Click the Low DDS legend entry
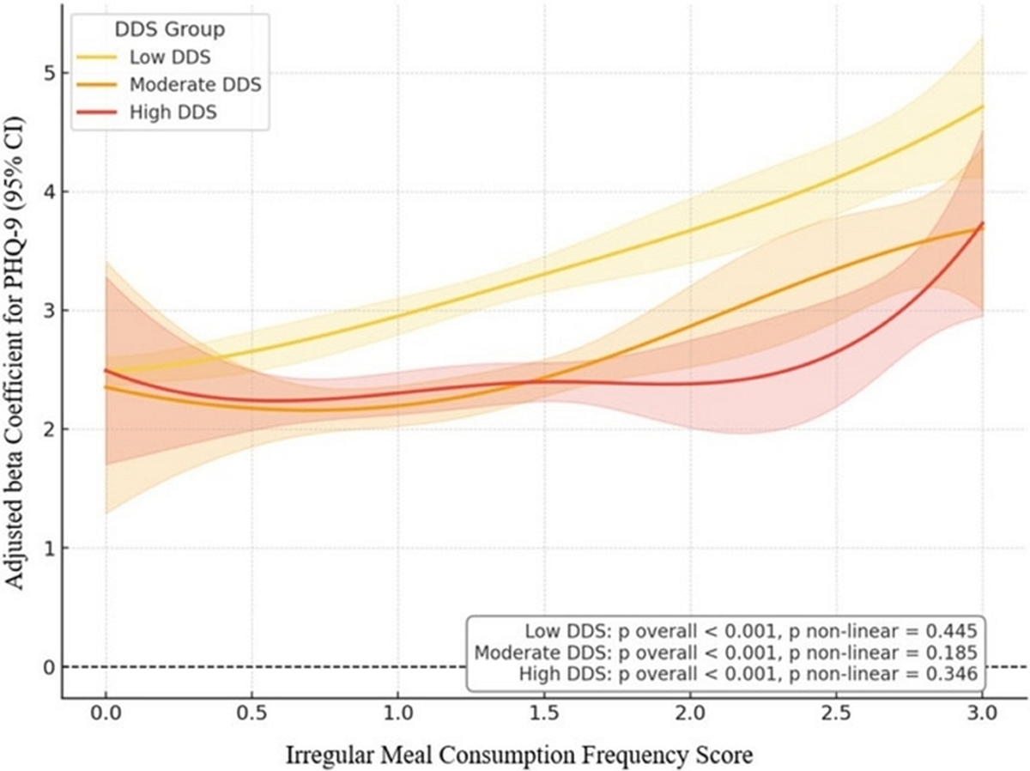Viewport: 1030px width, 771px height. coord(144,58)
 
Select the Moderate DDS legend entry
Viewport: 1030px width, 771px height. coord(169,85)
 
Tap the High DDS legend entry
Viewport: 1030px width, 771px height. coord(147,112)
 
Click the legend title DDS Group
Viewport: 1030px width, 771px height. coord(170,29)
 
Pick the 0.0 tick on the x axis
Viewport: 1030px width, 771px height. coord(106,713)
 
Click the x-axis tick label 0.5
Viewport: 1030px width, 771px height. coord(252,713)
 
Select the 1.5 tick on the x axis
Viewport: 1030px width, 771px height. coord(544,713)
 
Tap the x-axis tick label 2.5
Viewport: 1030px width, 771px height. coord(837,713)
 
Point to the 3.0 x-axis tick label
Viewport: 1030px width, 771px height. coord(983,713)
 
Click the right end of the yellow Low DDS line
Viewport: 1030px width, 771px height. coord(983,106)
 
